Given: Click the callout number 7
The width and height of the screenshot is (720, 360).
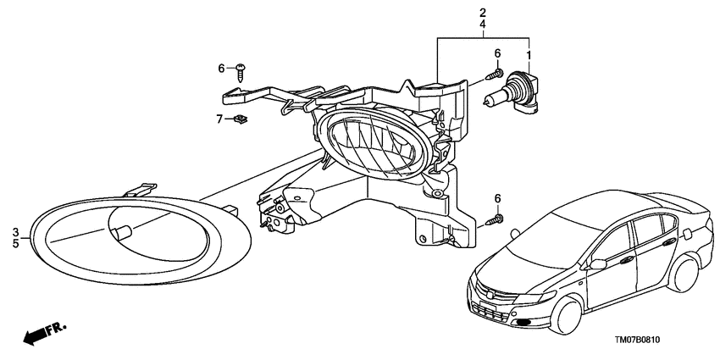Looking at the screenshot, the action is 219,119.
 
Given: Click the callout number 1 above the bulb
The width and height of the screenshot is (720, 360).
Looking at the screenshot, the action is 529,56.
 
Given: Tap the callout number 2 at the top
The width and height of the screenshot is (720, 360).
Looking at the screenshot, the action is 483,13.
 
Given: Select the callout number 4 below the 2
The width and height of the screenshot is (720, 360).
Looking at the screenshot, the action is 483,24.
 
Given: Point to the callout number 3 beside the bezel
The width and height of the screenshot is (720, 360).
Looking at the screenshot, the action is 15,231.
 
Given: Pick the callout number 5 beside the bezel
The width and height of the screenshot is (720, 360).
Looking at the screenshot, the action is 15,243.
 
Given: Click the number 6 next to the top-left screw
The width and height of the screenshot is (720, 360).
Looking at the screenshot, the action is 221,69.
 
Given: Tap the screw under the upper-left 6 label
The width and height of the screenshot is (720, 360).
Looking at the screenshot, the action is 241,73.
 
